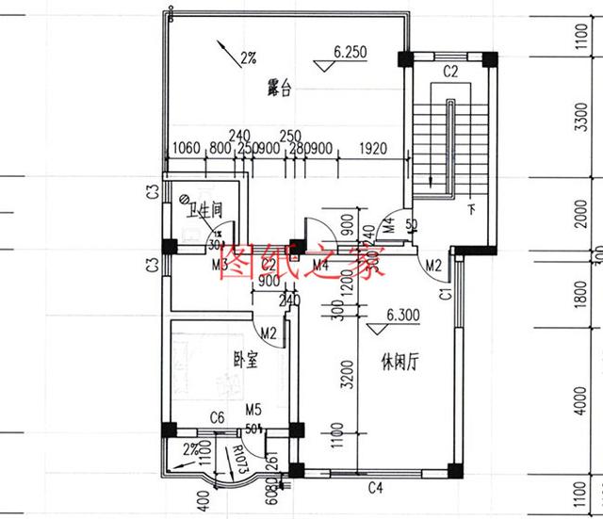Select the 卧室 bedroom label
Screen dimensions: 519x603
point(245,359)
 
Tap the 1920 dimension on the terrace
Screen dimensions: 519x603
point(374,148)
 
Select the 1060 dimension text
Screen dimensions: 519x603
point(188,148)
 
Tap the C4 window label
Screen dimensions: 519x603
point(375,488)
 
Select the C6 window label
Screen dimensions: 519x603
point(216,417)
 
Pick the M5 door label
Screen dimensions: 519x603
point(253,410)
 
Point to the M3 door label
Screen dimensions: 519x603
point(220,265)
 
